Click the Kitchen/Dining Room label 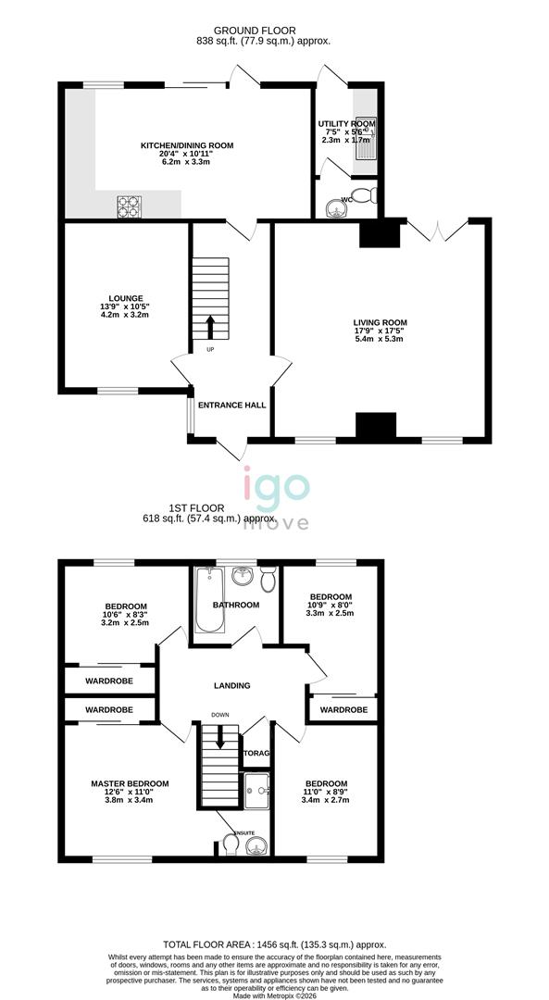(x=187, y=145)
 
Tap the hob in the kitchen (x=128, y=206)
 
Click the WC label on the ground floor (x=347, y=199)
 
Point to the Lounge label (x=123, y=298)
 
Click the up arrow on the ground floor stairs (x=209, y=327)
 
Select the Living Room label (x=380, y=322)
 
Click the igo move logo (x=276, y=500)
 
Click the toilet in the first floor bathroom (x=268, y=580)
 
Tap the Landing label (x=231, y=685)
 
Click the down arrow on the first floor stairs (x=220, y=737)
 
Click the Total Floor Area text (x=274, y=944)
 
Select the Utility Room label (x=347, y=123)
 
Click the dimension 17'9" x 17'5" (x=380, y=331)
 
